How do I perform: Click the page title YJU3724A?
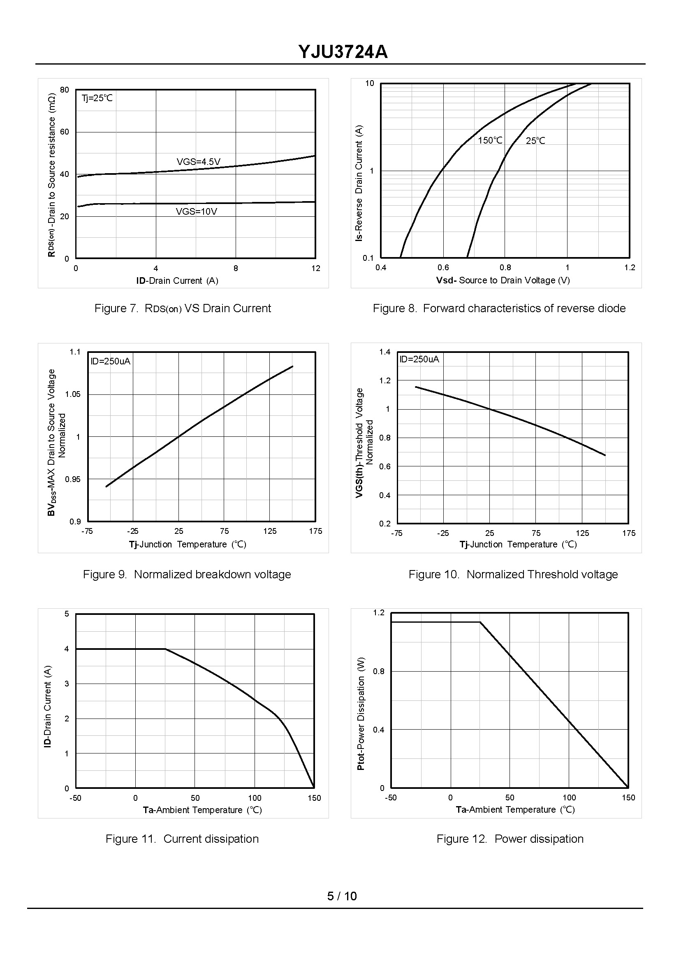click(x=343, y=52)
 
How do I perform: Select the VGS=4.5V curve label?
click(x=198, y=162)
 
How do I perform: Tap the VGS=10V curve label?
click(x=196, y=211)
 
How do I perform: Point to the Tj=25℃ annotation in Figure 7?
click(x=97, y=98)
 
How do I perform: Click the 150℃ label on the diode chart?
click(x=490, y=141)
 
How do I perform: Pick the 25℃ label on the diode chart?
click(x=535, y=141)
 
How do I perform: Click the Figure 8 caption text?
click(x=498, y=308)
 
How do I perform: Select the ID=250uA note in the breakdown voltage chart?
click(x=110, y=361)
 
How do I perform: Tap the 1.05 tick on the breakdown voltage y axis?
click(x=72, y=394)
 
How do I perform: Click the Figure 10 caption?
click(x=513, y=574)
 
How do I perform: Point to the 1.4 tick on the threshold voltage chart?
click(x=385, y=352)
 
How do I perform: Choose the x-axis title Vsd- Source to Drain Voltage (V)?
click(x=503, y=280)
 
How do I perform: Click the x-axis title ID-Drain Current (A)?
click(x=177, y=280)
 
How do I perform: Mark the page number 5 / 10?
click(x=342, y=896)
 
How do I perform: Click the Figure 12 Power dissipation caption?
click(x=510, y=839)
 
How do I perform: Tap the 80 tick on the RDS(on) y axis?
click(x=65, y=90)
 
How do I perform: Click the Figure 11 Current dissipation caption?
click(x=182, y=839)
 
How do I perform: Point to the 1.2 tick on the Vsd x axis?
click(x=630, y=268)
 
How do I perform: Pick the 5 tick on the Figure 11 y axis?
click(x=67, y=614)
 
